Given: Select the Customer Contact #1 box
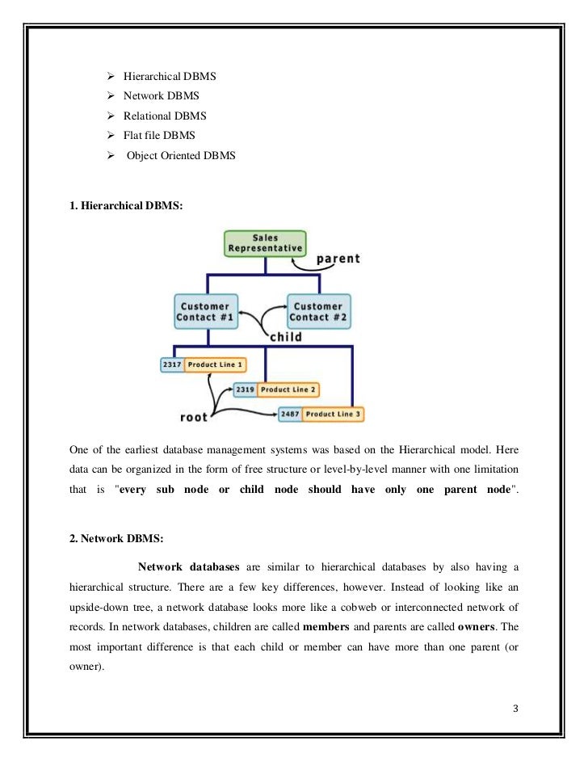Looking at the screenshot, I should pos(207,312).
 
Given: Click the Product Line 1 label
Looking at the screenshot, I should pos(213,365).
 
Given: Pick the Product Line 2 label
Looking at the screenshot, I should pos(288,389).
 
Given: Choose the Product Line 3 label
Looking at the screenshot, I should pos(334,414).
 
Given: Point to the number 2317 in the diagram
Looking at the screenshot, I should pos(171,365).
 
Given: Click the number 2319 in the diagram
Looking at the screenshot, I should pos(246,389).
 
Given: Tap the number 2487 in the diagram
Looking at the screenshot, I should pos(290,414).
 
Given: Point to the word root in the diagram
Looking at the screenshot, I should pos(193,417).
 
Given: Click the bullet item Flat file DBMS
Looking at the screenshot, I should pos(159,135).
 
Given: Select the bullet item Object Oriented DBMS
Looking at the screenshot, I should pos(180,154).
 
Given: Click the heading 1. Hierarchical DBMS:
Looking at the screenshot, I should pos(127,206).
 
